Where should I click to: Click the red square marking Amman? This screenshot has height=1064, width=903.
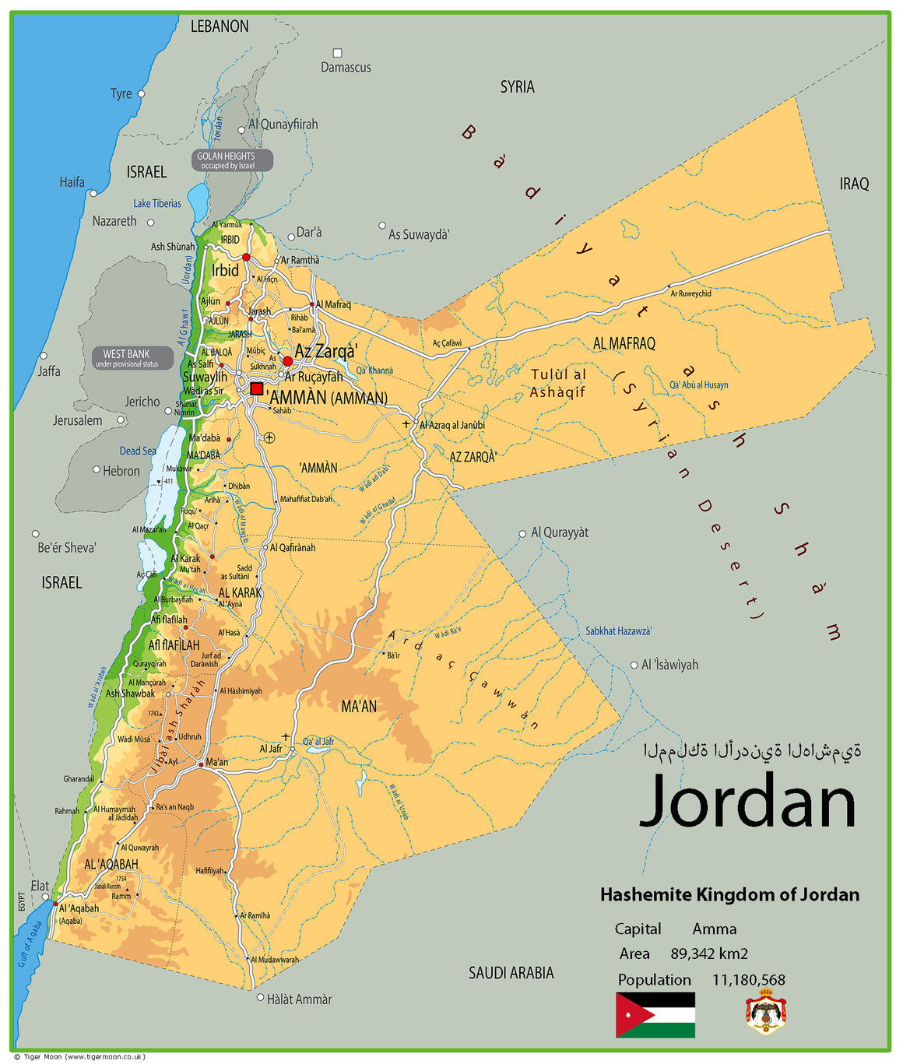click(256, 388)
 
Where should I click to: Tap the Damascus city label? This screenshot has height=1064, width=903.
click(346, 68)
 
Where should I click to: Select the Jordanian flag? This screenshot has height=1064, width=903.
click(655, 1014)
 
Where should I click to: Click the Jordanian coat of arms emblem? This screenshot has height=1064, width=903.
click(766, 1012)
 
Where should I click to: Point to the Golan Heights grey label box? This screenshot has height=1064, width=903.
click(232, 160)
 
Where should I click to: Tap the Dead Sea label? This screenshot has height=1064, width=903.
click(137, 451)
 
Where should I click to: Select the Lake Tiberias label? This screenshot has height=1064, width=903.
click(156, 203)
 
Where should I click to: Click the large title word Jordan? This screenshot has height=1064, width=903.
click(747, 802)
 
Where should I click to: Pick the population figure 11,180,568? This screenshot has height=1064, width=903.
click(748, 980)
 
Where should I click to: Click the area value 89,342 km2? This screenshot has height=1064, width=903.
click(708, 953)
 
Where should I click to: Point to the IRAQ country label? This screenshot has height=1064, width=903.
click(854, 184)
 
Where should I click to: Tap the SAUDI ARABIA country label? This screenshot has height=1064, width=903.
click(511, 973)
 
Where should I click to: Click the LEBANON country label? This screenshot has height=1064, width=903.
click(220, 26)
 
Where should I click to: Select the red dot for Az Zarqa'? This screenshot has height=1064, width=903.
click(287, 361)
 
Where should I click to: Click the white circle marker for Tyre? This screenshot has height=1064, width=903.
click(141, 93)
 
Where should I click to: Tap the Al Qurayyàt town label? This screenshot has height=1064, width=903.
click(559, 532)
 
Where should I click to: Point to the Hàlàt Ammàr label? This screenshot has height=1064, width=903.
click(299, 999)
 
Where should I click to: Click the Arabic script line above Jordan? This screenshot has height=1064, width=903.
click(752, 751)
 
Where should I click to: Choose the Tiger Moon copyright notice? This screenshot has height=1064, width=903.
click(79, 1056)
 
